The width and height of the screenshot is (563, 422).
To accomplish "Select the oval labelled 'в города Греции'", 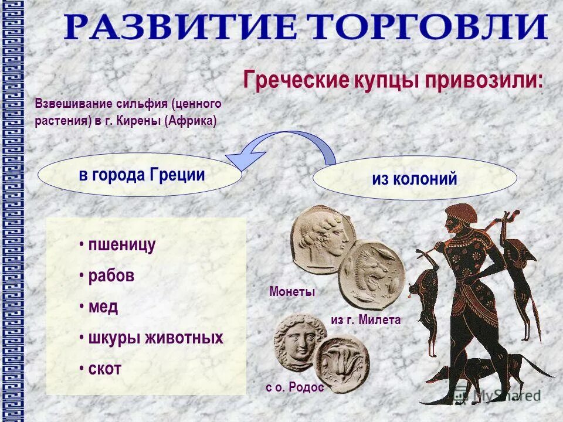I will (141, 175).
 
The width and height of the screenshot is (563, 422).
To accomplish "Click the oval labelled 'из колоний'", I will (415, 179).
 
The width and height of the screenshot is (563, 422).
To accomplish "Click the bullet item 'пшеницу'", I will (121, 245).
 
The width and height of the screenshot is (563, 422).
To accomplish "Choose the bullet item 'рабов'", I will (111, 276).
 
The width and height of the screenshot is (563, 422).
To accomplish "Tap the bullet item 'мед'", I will (103, 307).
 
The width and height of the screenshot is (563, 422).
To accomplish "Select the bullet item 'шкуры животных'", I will (155, 338).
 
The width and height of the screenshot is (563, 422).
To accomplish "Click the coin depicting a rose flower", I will (342, 362).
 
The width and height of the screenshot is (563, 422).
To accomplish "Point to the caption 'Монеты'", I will (292, 292).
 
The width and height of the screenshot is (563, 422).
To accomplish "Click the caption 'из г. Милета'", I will (365, 320).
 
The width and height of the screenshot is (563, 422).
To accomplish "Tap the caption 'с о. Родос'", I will (294, 388).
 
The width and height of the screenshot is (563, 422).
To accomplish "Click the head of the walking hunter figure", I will (459, 218).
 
